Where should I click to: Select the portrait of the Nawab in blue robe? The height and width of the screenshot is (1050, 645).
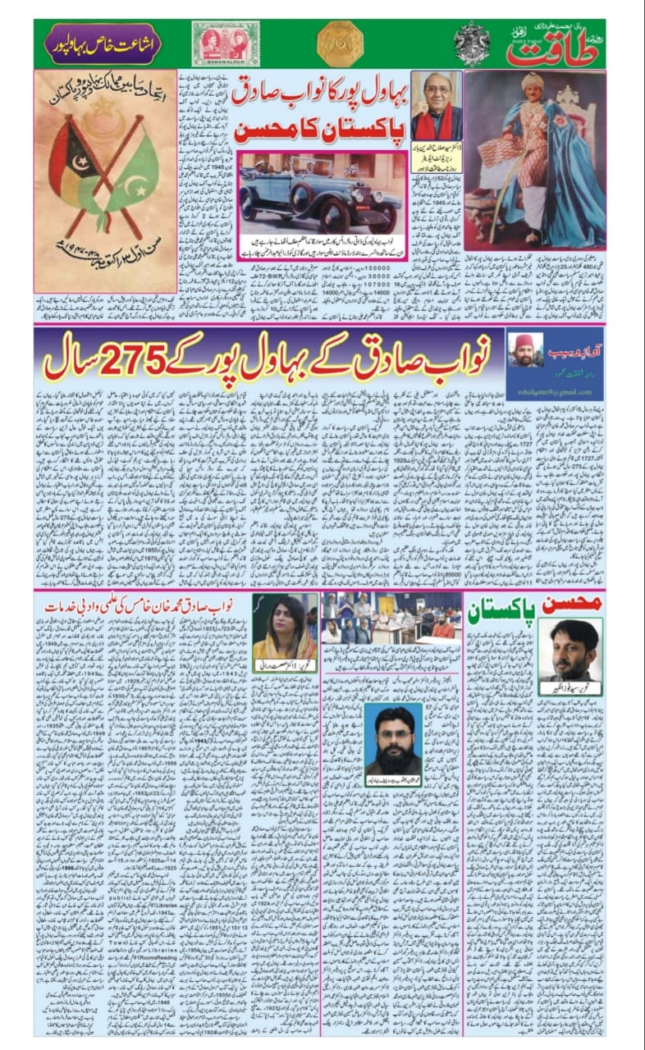click(x=534, y=156)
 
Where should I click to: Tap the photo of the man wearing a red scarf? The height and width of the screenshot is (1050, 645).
click(x=436, y=107)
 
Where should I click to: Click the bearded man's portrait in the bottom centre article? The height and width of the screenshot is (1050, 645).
click(x=394, y=737)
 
